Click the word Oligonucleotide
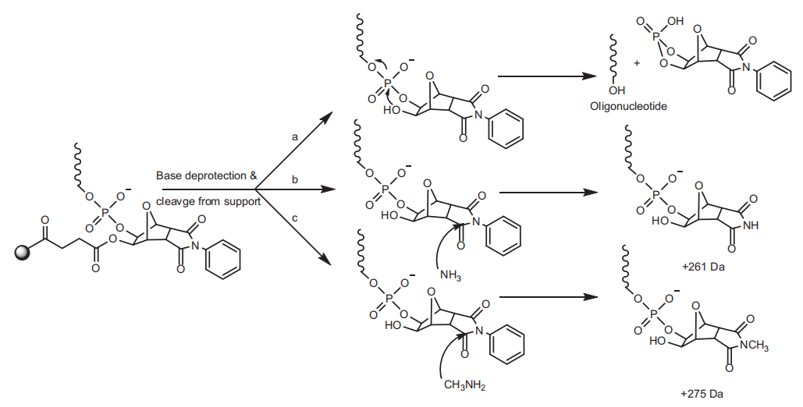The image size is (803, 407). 628,105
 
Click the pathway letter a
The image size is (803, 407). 296,136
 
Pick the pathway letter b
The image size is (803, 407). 295,179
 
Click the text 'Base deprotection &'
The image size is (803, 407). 206,175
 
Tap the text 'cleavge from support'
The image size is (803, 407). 208,200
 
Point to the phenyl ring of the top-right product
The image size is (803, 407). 775,83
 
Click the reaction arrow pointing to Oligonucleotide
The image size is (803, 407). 543,76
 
